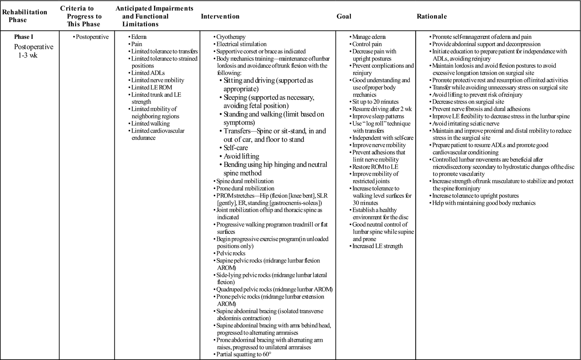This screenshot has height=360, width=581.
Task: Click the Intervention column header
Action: pos(220,16)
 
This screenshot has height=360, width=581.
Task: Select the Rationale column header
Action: pos(431,16)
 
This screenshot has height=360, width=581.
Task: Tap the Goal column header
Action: pos(344,16)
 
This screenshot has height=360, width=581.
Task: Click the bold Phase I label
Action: pos(24,37)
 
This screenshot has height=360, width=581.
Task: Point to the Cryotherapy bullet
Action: pos(231,37)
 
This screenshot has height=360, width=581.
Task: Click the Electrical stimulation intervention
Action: pos(241,44)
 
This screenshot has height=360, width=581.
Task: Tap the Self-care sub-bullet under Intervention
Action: pos(236,148)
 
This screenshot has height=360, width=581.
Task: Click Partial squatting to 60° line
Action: pos(244,354)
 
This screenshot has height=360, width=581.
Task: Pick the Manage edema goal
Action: pos(369,37)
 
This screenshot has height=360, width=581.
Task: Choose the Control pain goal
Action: pos(367,44)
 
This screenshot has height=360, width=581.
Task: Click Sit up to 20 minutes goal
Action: pos(375,102)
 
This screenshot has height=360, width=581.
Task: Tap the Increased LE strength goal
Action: pos(378,246)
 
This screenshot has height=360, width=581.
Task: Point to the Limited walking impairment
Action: pos(150,124)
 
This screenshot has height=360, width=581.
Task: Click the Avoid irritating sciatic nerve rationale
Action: pos(466,124)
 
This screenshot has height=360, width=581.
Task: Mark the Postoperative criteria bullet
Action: pos(92,37)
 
